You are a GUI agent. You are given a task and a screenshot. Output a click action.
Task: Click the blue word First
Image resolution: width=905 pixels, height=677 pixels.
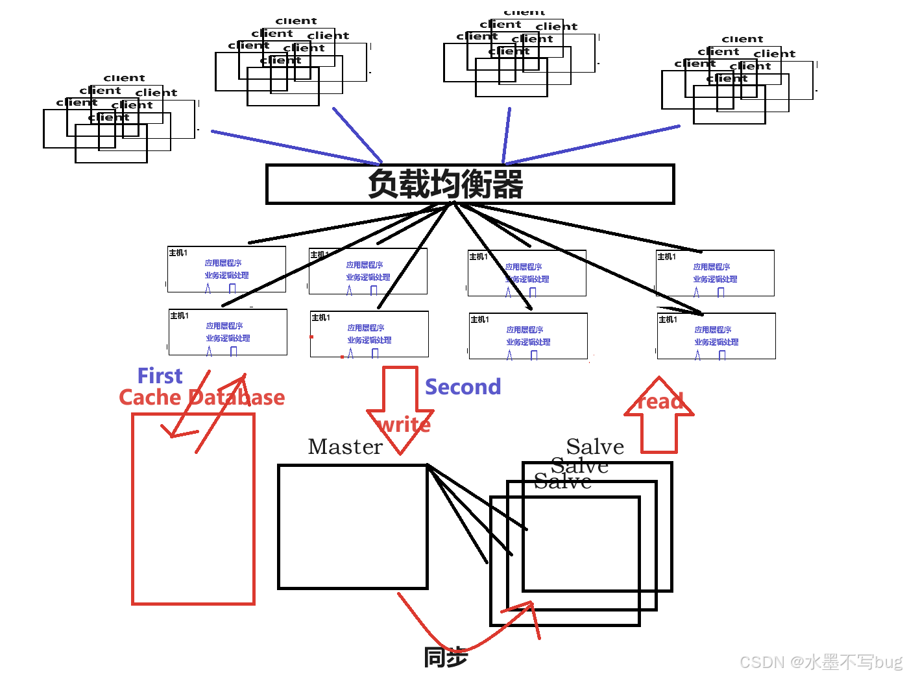160,376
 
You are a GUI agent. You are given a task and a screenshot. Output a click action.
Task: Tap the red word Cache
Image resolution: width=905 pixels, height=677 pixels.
150,397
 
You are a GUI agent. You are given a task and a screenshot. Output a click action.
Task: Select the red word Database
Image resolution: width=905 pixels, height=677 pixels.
236,397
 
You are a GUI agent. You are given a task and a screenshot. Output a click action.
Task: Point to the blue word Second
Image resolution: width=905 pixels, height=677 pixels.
463,387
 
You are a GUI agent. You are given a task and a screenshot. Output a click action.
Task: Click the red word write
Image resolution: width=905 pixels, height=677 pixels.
404,425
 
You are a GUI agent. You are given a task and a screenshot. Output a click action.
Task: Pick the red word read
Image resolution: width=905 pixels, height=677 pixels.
660,401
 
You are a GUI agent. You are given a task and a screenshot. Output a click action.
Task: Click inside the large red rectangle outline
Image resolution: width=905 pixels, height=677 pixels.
193,519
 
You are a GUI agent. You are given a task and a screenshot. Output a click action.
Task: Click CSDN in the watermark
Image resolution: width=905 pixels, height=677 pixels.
761,661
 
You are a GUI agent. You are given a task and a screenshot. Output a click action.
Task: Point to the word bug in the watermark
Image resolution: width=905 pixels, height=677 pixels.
887,661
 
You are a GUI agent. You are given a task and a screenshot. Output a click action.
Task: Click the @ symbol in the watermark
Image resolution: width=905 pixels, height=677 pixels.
796,661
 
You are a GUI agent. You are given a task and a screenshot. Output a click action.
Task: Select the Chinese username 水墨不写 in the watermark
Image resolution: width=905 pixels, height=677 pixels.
838,661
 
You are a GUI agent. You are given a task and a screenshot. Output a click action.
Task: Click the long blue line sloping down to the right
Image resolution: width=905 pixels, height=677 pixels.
295,148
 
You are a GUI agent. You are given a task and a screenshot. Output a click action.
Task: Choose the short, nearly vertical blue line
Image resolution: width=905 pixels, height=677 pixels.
507,135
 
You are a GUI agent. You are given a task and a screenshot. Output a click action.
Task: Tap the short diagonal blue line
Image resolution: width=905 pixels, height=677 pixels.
357,135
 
